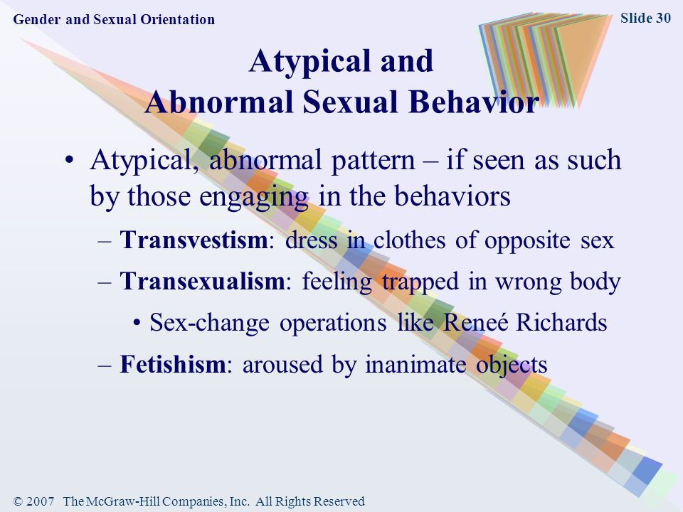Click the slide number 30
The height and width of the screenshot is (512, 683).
(x=662, y=18)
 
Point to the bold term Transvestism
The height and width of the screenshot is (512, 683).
(x=194, y=240)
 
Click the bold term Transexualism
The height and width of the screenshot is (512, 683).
(x=202, y=281)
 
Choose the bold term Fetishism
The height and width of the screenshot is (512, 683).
(x=172, y=364)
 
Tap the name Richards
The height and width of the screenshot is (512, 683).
(x=561, y=323)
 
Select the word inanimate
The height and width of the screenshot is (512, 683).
(x=415, y=364)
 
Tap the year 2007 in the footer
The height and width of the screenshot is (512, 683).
(x=40, y=501)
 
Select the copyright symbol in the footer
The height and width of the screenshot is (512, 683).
(x=18, y=501)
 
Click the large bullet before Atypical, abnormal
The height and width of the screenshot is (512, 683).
(x=69, y=160)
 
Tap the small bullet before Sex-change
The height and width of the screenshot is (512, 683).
(x=137, y=323)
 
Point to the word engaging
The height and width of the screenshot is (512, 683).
(x=253, y=197)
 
